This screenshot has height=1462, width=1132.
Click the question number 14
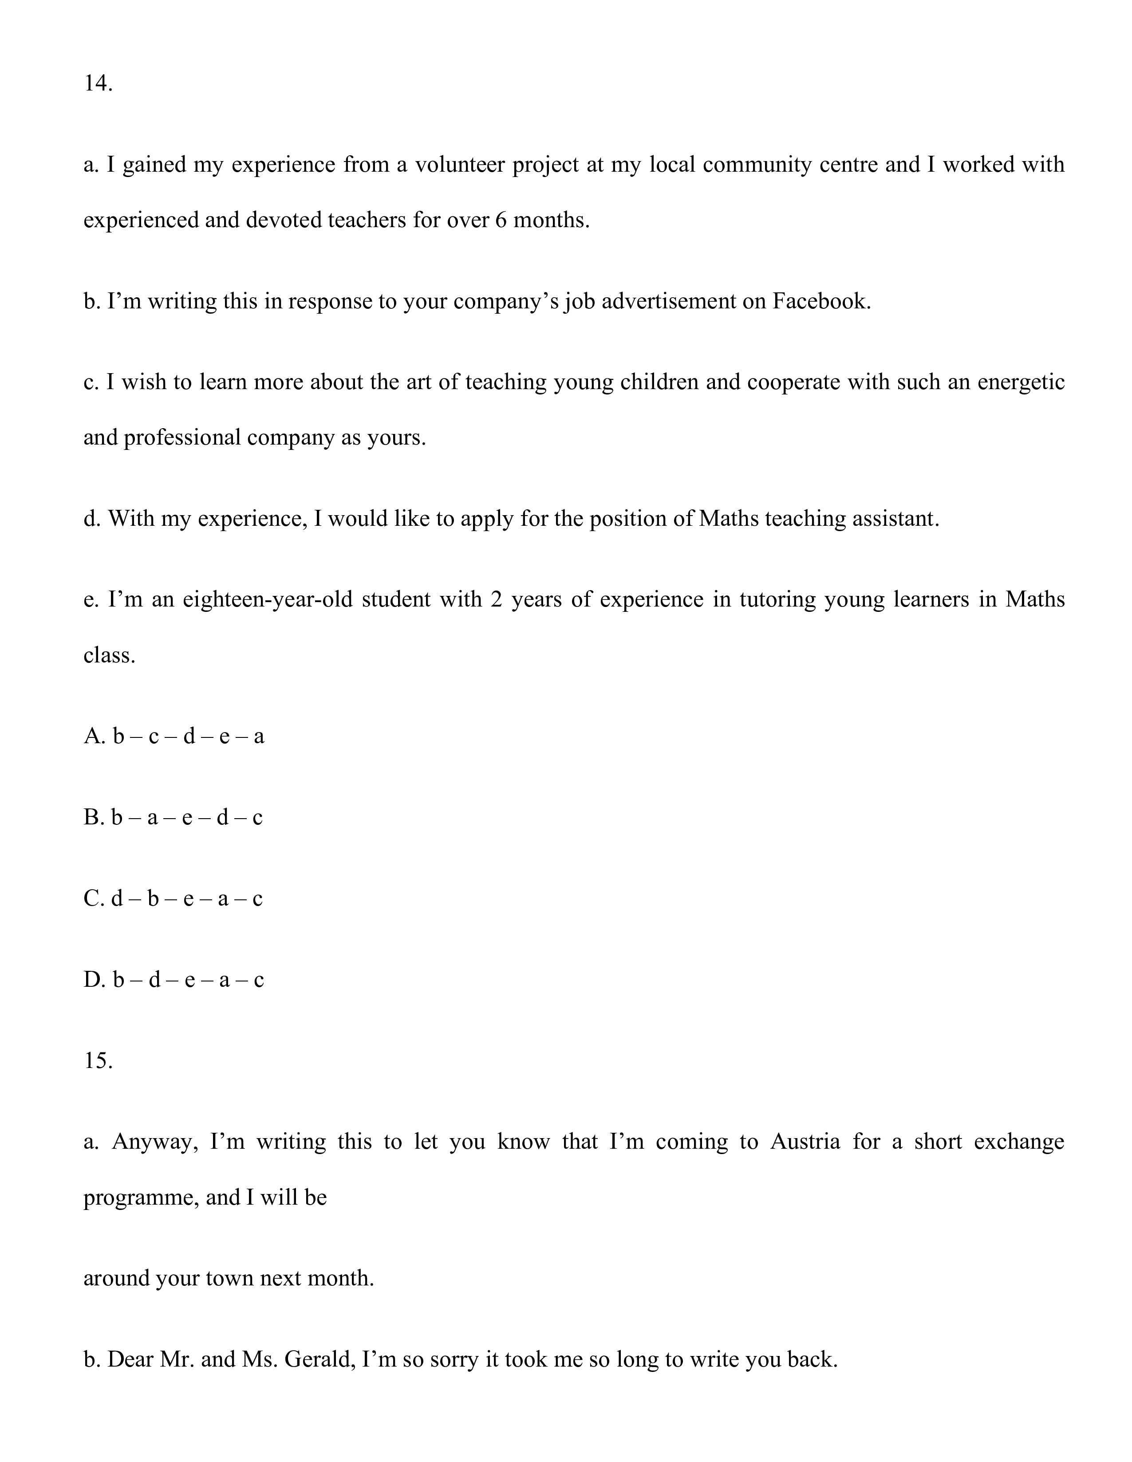pos(98,84)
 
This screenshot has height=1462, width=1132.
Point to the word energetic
pos(1020,382)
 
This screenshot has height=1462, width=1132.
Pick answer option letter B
pos(92,817)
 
